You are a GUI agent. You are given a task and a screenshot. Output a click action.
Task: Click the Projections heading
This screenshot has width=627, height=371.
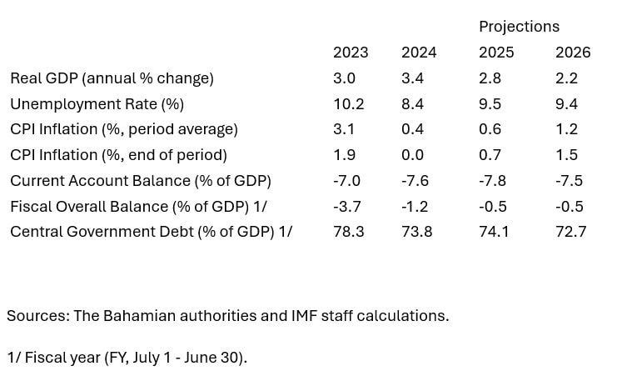pos(519,27)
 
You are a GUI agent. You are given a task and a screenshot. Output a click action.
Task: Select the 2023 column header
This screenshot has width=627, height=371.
pos(351,53)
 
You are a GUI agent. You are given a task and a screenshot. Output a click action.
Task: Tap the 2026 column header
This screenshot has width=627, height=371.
pos(573,53)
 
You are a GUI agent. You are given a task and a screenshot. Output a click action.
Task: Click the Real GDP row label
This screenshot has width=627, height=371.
pos(112,78)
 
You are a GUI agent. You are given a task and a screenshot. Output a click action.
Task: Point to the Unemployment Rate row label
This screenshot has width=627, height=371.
pos(97,104)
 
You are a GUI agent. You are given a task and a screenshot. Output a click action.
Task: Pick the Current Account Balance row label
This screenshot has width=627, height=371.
pos(140,181)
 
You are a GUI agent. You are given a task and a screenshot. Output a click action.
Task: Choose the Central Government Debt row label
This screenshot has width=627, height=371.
pos(151,232)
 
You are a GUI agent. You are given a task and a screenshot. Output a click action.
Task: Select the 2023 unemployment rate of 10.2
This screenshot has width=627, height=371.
pos(348,104)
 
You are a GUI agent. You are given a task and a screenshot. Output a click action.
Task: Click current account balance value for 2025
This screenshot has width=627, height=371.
pos(493,181)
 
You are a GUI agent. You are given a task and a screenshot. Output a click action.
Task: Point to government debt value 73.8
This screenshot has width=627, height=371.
pos(416,232)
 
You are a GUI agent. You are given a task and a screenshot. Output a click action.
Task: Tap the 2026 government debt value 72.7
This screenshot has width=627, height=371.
pos(570,232)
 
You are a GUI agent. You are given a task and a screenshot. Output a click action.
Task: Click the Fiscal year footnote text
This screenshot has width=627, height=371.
pos(127,358)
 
